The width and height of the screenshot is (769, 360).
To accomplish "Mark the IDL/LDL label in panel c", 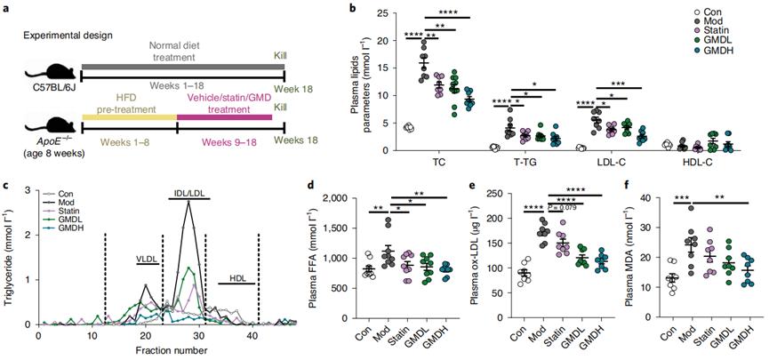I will click(187, 193).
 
